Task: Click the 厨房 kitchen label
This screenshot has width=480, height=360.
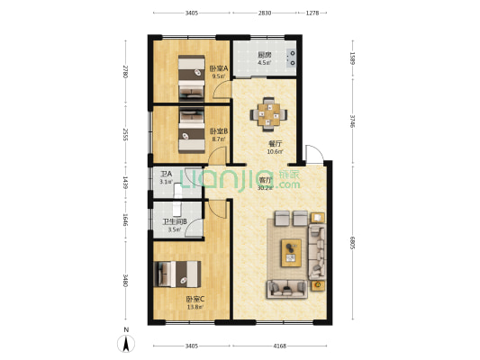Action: [x=265, y=54]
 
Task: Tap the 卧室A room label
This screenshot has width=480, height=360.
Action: [x=219, y=68]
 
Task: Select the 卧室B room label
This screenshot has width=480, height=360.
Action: [x=219, y=130]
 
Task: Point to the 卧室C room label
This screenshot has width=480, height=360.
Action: [x=195, y=299]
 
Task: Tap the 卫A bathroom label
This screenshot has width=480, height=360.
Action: [x=165, y=175]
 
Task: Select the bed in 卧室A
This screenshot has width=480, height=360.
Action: [x=190, y=76]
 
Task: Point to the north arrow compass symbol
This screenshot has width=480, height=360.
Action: [x=127, y=342]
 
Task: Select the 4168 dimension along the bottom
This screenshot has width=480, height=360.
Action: [x=280, y=345]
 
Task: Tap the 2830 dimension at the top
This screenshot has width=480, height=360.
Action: [x=264, y=13]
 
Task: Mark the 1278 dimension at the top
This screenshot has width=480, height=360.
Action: [x=311, y=13]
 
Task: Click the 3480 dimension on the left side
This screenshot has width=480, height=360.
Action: [x=125, y=282]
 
